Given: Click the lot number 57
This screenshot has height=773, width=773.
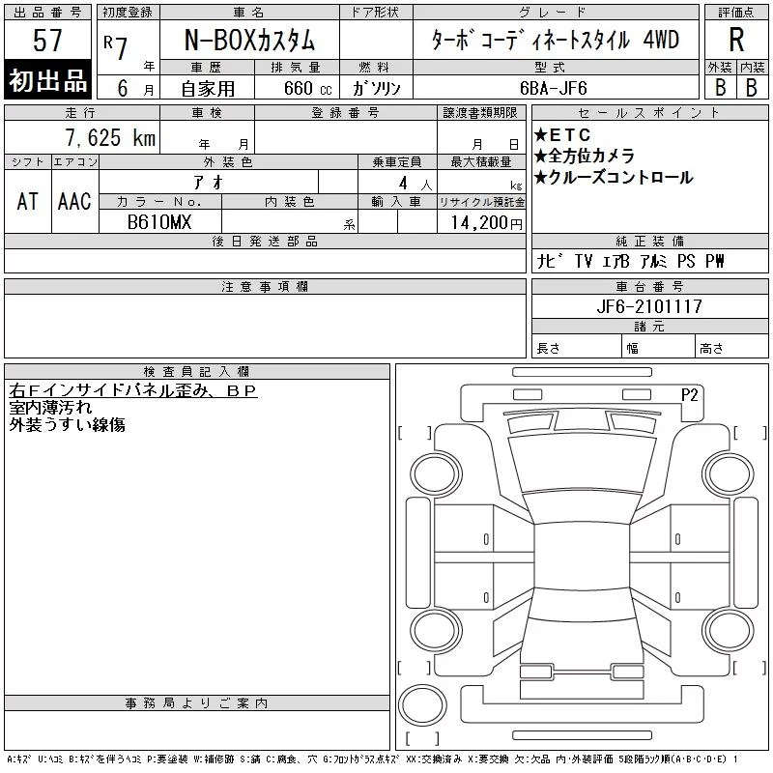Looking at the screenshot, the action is click(x=47, y=40).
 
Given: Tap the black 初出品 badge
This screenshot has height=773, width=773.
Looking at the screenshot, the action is click(x=47, y=80).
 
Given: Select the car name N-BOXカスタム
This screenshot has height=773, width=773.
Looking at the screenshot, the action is click(x=249, y=40).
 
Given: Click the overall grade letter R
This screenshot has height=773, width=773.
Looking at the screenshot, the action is click(x=736, y=40).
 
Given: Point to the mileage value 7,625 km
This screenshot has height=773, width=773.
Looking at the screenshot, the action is click(x=110, y=137).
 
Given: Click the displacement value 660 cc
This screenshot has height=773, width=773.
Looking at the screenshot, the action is click(x=307, y=88).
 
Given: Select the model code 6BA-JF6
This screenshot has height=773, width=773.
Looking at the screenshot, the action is click(x=553, y=88).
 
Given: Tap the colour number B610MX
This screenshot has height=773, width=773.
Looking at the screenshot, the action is click(x=159, y=222).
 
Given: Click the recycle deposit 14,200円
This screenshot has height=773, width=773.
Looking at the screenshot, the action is click(x=487, y=223).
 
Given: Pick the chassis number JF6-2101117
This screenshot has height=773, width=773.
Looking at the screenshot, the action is click(x=649, y=306).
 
